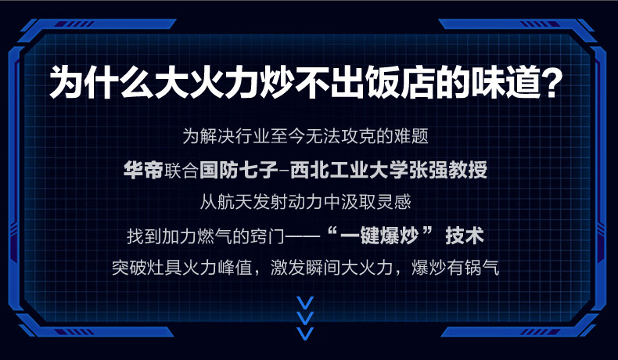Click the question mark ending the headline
coord(548,82)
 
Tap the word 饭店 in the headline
coord(398,82)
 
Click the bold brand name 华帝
coord(143,171)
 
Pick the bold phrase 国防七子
coord(239,171)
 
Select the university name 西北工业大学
coord(349,171)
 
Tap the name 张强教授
coord(448,171)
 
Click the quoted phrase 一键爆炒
coord(379,236)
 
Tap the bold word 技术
coord(465,236)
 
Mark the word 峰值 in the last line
coord(235,268)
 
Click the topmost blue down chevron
coord(305,303)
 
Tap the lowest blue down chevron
coord(305,333)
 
